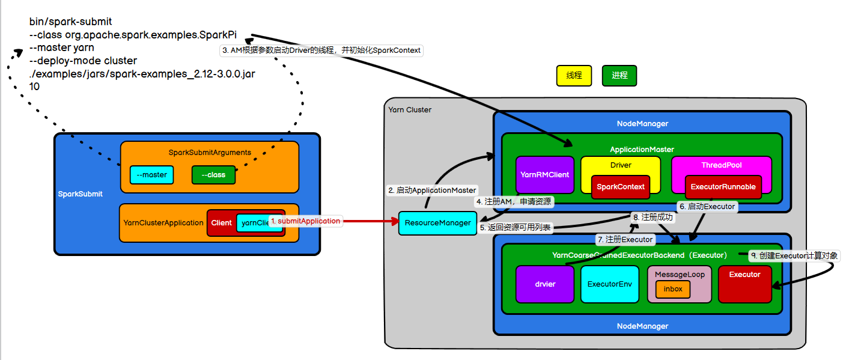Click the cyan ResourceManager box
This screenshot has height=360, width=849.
438,223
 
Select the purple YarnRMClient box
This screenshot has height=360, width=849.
545,175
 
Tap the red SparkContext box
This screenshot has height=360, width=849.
621,187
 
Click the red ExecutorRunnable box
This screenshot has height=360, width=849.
723,187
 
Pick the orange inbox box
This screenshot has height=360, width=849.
673,289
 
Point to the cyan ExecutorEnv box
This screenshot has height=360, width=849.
609,284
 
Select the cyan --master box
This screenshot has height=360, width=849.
151,175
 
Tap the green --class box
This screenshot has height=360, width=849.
213,175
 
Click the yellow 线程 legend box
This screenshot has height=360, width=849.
574,76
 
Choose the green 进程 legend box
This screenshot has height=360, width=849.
619,76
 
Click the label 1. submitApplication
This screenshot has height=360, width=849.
305,221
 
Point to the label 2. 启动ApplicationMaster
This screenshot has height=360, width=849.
432,190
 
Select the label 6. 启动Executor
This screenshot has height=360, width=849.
707,206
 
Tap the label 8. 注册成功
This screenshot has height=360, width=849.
653,218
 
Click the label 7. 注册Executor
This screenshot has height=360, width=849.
625,239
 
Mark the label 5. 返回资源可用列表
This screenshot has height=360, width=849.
516,228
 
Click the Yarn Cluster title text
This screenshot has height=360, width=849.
410,110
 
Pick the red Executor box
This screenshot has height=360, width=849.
744,284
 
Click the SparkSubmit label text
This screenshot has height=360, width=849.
81,194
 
